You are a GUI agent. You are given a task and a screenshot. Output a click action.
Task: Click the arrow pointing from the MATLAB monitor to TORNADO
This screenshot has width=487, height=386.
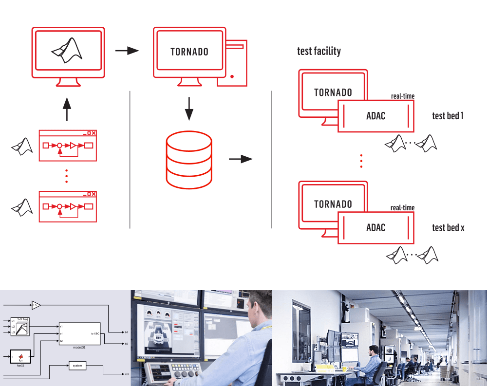coord(127,50)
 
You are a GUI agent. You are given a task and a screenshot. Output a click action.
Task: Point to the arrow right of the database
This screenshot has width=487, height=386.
coord(241,159)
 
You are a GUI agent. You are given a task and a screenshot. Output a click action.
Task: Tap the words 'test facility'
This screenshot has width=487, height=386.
coord(319,51)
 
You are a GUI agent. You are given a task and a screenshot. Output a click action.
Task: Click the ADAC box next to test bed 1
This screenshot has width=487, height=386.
coord(376,116)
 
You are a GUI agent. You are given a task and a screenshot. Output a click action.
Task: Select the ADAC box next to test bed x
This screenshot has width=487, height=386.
coord(376,227)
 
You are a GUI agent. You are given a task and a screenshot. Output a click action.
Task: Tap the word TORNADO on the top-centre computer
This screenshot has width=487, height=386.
coord(189,52)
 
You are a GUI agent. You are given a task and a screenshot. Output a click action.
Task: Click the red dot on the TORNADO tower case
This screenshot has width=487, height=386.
coord(232,76)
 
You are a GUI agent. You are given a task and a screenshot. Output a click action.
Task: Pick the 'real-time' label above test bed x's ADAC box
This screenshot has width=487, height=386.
coord(402,208)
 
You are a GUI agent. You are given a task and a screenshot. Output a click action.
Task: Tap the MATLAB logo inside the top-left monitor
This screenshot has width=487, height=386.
coord(67,51)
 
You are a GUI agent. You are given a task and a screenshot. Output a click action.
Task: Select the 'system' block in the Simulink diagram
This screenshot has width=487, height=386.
coord(77,366)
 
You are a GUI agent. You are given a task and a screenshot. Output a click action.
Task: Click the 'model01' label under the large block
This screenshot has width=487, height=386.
coord(79,347)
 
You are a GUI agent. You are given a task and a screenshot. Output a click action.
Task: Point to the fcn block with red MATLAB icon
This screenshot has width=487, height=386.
coord(21,357)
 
